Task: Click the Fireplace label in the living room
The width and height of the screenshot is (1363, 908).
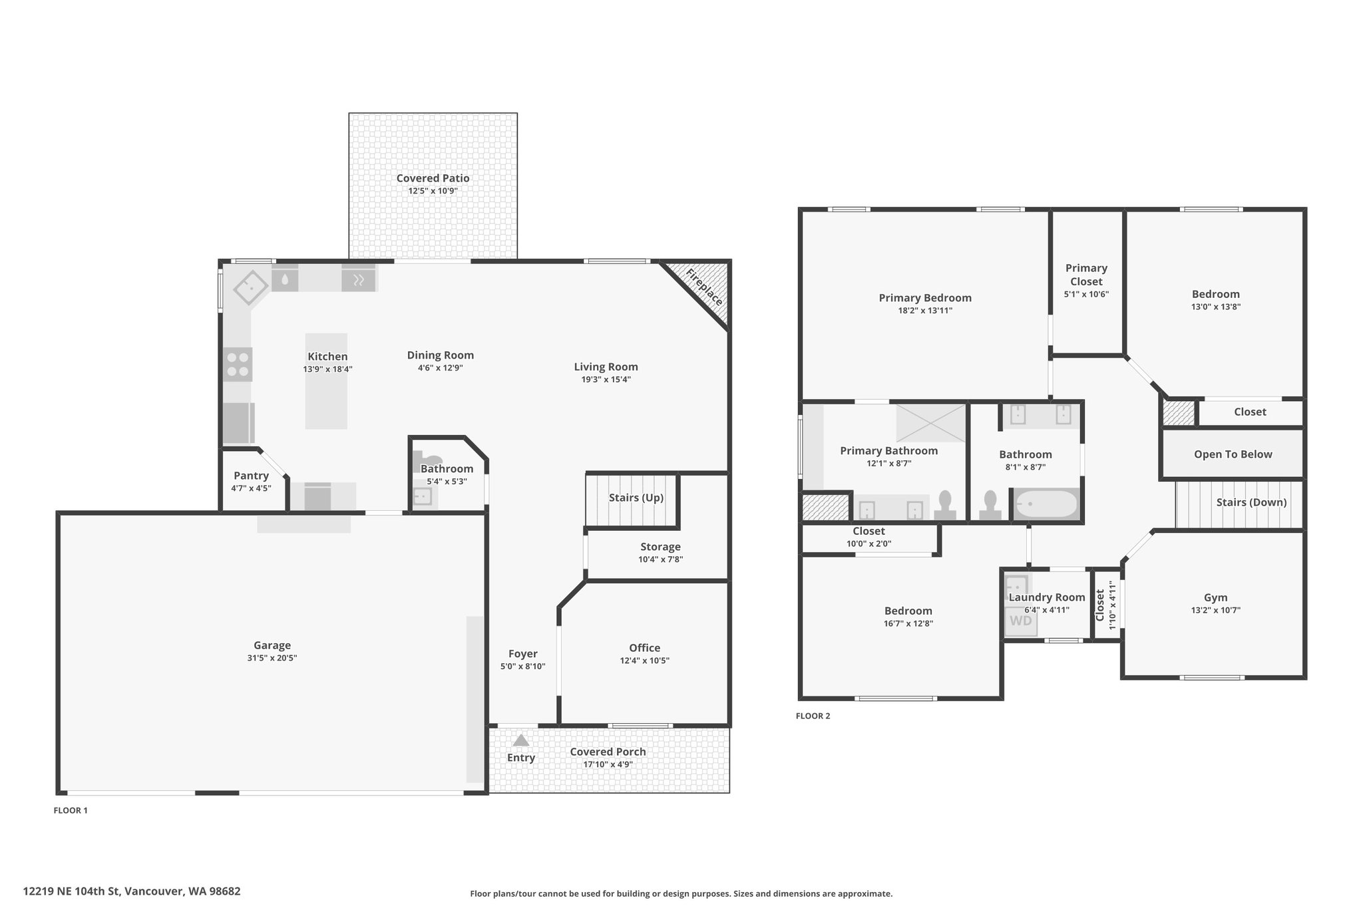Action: pyautogui.click(x=704, y=287)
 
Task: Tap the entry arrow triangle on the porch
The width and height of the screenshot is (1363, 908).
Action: pyautogui.click(x=520, y=740)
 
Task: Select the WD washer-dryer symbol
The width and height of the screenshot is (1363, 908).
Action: pyautogui.click(x=1021, y=621)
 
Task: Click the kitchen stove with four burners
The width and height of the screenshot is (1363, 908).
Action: pyautogui.click(x=238, y=365)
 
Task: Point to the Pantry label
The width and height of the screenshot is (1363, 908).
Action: pyautogui.click(x=251, y=476)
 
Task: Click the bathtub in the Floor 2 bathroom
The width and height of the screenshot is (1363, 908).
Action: pyautogui.click(x=1046, y=504)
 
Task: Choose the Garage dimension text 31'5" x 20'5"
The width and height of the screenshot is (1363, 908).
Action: pyautogui.click(x=272, y=658)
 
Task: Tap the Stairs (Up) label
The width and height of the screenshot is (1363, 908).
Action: pyautogui.click(x=636, y=498)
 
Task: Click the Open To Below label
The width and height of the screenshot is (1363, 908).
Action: pyautogui.click(x=1233, y=454)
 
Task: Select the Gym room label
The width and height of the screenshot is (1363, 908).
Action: pyautogui.click(x=1215, y=597)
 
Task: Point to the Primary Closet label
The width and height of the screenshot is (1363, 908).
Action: pyautogui.click(x=1086, y=275)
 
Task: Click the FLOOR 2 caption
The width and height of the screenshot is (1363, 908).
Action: pyautogui.click(x=813, y=716)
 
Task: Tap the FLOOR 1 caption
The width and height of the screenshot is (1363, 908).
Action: pyautogui.click(x=71, y=810)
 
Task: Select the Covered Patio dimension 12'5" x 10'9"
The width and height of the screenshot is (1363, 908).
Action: pyautogui.click(x=433, y=191)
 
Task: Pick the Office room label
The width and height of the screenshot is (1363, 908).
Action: pyautogui.click(x=644, y=648)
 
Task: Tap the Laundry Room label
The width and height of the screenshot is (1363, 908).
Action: pyautogui.click(x=1047, y=597)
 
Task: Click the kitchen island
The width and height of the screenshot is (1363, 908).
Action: pyautogui.click(x=326, y=381)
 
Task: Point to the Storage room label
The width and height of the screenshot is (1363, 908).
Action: pyautogui.click(x=660, y=547)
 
